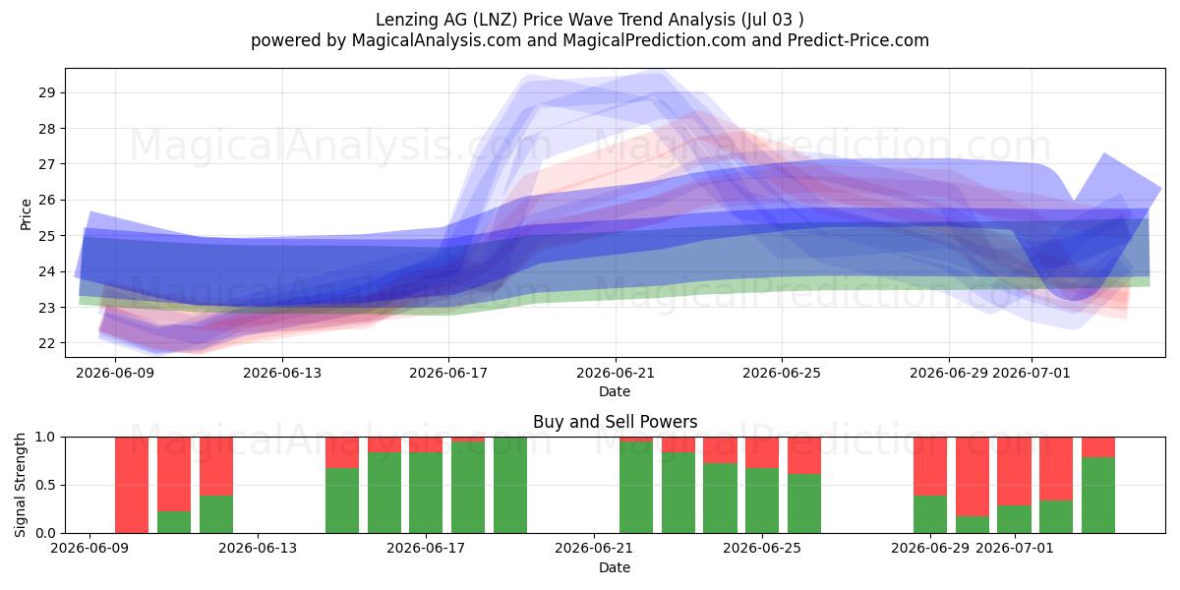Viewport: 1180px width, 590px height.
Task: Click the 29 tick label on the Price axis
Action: (46, 93)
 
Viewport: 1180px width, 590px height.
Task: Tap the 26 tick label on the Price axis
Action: (46, 201)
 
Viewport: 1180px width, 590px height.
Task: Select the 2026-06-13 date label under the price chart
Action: (282, 373)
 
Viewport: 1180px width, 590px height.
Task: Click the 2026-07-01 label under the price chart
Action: (1032, 373)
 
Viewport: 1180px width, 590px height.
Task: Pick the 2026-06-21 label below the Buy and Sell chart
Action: (594, 548)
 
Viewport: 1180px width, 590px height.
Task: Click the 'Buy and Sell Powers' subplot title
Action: (615, 422)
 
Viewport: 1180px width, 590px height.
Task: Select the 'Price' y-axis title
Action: (26, 214)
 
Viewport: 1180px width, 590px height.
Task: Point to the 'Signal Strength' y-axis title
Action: (20, 485)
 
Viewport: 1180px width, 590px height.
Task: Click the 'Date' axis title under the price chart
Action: (615, 391)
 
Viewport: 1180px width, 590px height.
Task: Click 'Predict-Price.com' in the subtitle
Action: (858, 40)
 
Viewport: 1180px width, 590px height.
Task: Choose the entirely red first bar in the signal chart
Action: (132, 485)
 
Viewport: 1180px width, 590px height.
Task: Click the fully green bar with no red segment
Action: (510, 485)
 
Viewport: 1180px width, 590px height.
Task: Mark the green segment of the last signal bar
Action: (1098, 496)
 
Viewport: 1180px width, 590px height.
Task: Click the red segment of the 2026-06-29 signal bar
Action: (930, 466)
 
